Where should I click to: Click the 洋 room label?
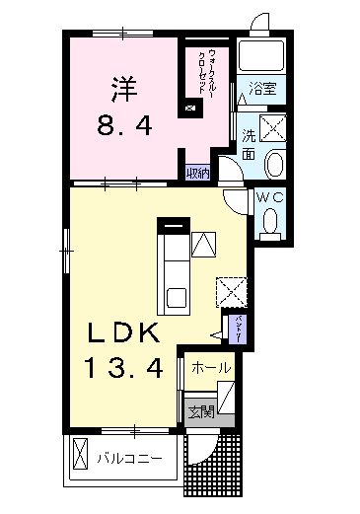pos(122,88)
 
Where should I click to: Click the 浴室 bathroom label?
pos(262,89)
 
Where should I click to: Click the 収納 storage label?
pos(198,174)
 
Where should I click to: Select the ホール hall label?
pos(211,368)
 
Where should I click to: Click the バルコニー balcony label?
pos(129,458)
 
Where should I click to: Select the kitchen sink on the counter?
pos(176,296)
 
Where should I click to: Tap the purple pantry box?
pos(238,326)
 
